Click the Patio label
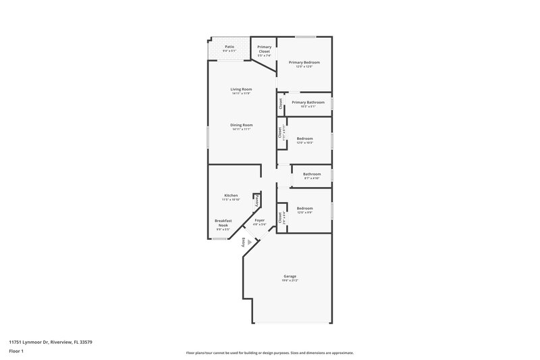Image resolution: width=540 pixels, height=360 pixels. pyautogui.click(x=230, y=47)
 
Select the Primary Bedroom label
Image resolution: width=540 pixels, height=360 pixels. pyautogui.click(x=304, y=62)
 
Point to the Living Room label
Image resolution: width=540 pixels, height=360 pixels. pyautogui.click(x=241, y=89)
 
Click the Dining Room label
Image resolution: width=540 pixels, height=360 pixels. pyautogui.click(x=241, y=125)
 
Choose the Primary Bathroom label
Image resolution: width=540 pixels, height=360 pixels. pyautogui.click(x=307, y=102)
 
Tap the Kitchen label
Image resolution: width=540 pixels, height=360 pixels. pyautogui.click(x=231, y=196)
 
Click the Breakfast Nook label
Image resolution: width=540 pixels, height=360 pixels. pyautogui.click(x=223, y=223)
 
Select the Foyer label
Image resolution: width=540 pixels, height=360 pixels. pyautogui.click(x=260, y=220)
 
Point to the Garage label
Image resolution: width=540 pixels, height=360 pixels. pyautogui.click(x=290, y=276)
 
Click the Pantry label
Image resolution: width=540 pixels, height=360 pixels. pyautogui.click(x=256, y=200)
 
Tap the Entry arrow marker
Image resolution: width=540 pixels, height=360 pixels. pyautogui.click(x=249, y=242)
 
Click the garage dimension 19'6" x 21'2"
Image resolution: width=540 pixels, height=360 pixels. pyautogui.click(x=290, y=280)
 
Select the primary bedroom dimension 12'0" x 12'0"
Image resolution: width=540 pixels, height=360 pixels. pyautogui.click(x=304, y=66)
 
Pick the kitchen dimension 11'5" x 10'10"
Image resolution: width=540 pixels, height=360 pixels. pyautogui.click(x=231, y=200)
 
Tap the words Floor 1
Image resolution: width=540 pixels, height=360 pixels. pyautogui.click(x=16, y=352)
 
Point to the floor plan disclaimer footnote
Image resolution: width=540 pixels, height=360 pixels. pyautogui.click(x=269, y=353)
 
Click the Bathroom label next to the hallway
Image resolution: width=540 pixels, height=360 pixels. pyautogui.click(x=312, y=174)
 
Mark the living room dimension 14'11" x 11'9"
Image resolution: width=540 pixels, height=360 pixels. pyautogui.click(x=241, y=93)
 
